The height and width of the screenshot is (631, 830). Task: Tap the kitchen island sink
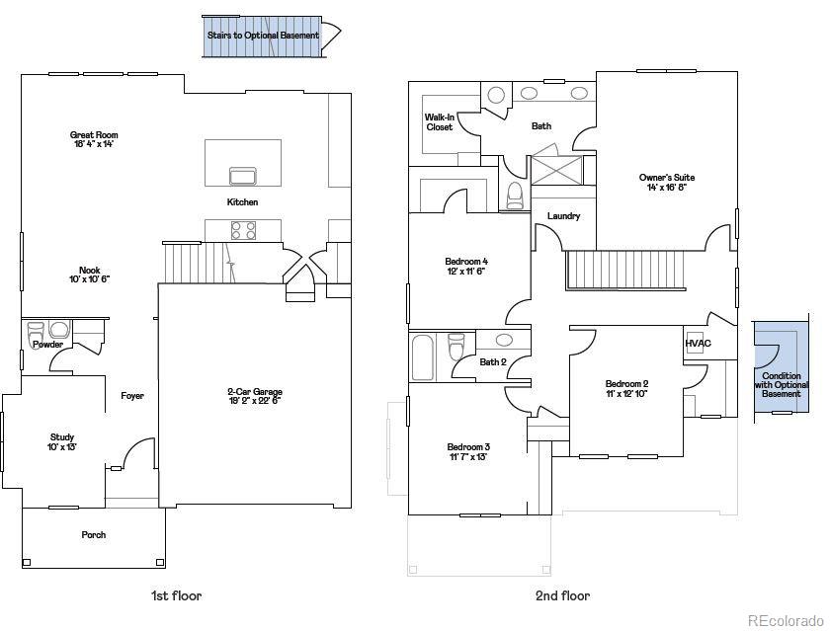[242, 176]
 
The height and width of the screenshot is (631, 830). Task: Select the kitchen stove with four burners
[243, 230]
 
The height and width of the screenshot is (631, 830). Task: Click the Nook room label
[89, 275]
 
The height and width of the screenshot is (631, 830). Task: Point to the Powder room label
[47, 345]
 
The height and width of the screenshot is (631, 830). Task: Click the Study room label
[62, 441]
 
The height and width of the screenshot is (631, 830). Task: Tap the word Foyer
[132, 396]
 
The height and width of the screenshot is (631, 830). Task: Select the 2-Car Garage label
[254, 396]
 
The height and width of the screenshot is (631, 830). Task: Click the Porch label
[94, 535]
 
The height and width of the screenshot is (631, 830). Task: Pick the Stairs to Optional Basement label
[263, 36]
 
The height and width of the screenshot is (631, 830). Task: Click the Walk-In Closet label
[440, 121]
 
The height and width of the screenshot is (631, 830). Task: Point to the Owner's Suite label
[666, 182]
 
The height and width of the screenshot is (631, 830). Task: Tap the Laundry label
[563, 216]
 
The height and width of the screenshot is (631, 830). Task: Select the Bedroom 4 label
[466, 266]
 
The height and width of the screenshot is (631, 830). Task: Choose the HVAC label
[698, 343]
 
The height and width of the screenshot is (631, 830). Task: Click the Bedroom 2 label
[626, 388]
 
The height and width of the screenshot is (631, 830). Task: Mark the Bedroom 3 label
[468, 451]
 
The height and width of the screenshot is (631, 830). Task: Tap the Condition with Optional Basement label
[782, 385]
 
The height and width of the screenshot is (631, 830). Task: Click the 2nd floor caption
[562, 595]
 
